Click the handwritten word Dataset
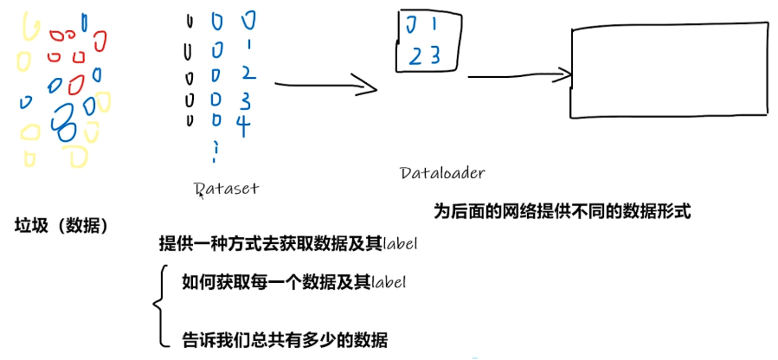(x=227, y=188)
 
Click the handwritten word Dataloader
(x=442, y=172)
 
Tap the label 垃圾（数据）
(x=61, y=227)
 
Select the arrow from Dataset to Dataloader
(x=325, y=86)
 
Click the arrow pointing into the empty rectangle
(x=519, y=75)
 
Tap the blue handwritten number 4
(x=243, y=126)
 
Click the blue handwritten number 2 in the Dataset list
(x=246, y=71)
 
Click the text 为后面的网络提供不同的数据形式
(x=562, y=211)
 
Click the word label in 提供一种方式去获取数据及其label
(x=401, y=245)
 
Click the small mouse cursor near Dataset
(x=202, y=196)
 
